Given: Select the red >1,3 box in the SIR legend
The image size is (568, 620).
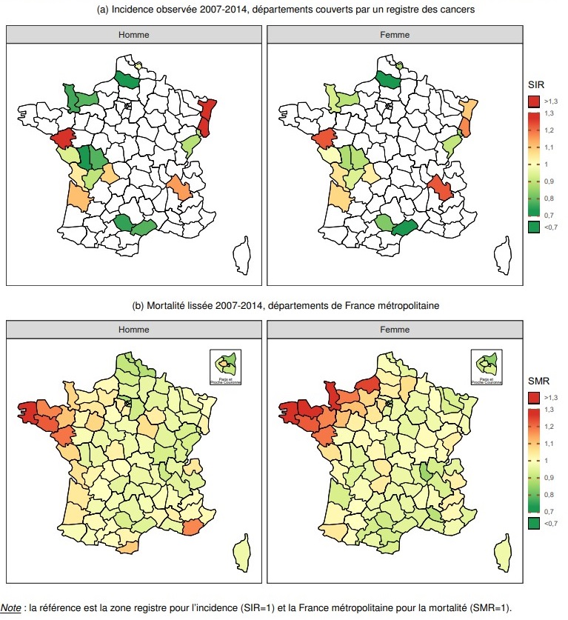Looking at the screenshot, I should [533, 100].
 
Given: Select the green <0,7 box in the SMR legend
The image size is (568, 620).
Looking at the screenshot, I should [533, 523].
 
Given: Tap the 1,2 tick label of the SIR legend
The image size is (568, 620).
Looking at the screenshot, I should [549, 130].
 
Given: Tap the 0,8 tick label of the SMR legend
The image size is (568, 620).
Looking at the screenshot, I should [549, 495].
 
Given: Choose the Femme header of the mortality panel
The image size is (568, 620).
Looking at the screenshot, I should [392, 330].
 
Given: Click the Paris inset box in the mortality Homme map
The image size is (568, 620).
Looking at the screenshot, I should [225, 367].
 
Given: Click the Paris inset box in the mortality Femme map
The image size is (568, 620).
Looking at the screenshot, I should [486, 367].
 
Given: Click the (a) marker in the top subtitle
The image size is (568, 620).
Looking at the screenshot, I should [103, 10].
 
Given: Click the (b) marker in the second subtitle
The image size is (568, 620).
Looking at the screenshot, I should [138, 305].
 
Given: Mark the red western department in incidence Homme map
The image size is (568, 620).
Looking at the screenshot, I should [63, 137].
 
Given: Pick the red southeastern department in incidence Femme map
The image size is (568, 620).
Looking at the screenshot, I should [440, 187].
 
